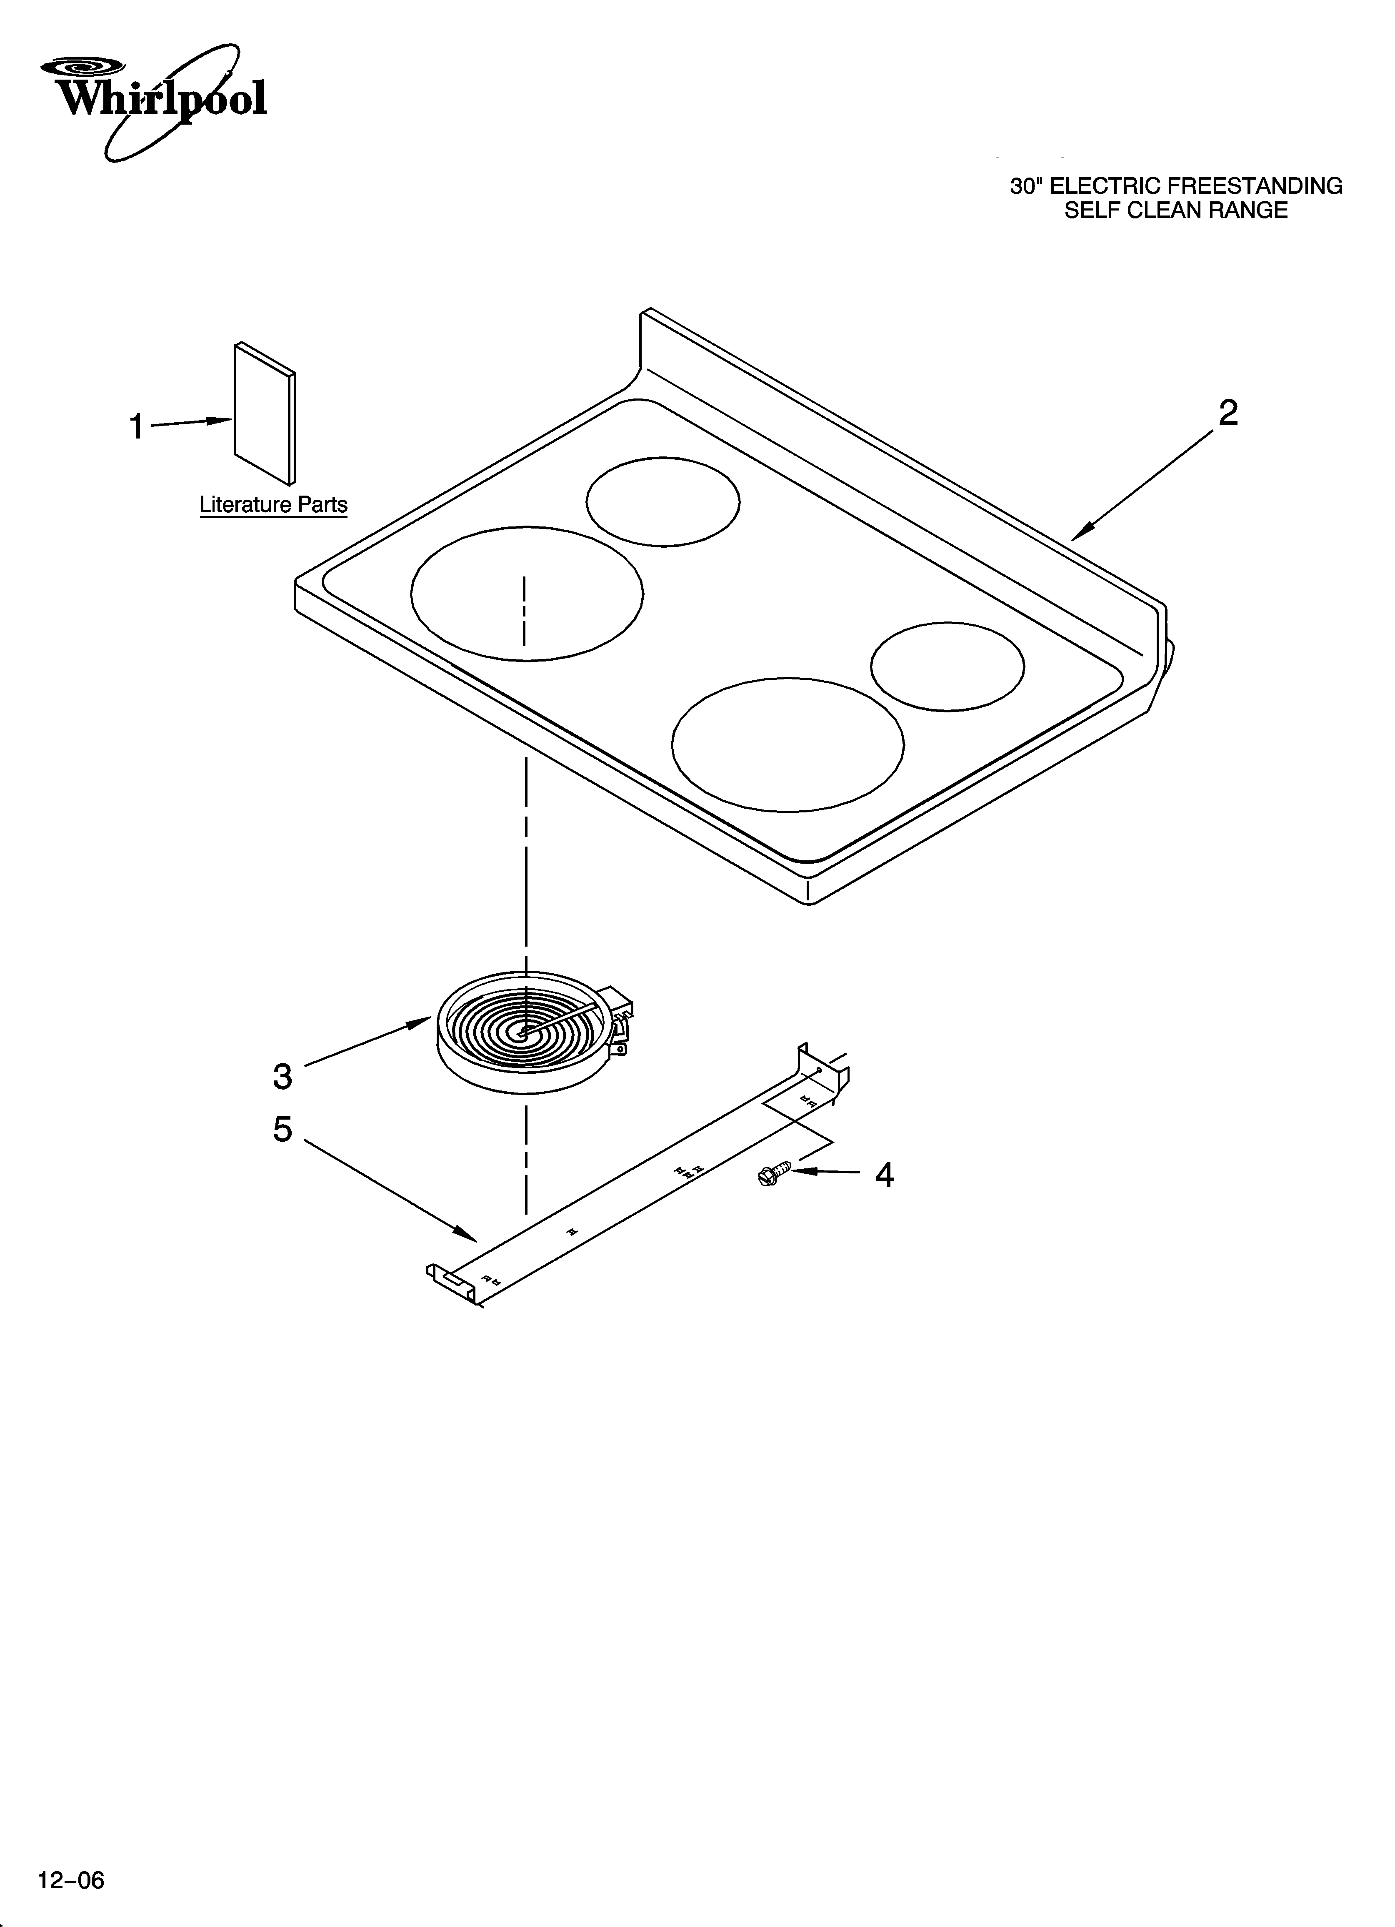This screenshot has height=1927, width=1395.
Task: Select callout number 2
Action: pos(1227,414)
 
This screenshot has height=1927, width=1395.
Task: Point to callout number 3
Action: pos(283,1077)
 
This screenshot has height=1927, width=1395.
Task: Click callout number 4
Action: pos(885,1175)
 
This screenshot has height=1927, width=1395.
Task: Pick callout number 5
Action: pos(283,1130)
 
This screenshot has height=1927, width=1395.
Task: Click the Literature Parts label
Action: pos(274,505)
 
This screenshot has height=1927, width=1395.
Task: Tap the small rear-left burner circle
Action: pos(662,501)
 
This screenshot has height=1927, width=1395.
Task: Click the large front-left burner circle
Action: pos(527,593)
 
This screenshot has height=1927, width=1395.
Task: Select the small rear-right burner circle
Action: pos(947,666)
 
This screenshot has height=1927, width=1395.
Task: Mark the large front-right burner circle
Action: pos(787,744)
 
